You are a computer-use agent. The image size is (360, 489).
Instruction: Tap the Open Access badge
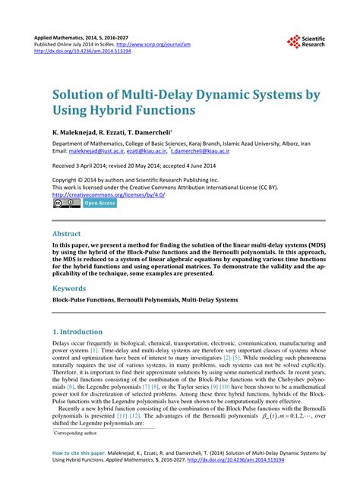99,203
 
